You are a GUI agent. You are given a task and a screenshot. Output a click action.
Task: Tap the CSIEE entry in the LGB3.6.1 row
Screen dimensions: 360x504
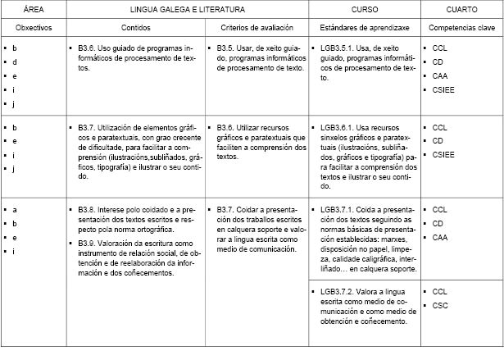pyautogui.click(x=445, y=155)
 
